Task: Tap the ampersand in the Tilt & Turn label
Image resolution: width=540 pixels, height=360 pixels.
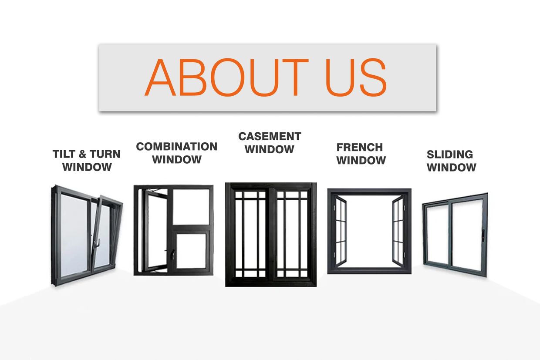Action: click(x=82, y=154)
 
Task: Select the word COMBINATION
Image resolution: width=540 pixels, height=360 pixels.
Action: click(x=177, y=147)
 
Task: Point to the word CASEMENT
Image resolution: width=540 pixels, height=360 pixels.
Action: click(x=270, y=136)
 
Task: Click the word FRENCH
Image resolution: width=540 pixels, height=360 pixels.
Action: click(x=360, y=147)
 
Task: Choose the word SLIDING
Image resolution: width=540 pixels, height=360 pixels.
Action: click(x=450, y=155)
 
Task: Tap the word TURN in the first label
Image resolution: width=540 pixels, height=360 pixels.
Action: click(x=105, y=154)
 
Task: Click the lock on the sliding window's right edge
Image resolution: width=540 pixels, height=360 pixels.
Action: click(x=483, y=235)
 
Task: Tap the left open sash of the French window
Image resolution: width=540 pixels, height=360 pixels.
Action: click(x=341, y=231)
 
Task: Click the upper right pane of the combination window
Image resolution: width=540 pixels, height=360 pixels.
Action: click(x=191, y=207)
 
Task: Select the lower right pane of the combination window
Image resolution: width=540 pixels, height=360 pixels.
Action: click(x=191, y=251)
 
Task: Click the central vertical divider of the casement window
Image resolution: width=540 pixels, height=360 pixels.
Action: click(x=271, y=234)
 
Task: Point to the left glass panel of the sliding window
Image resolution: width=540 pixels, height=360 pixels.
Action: click(x=438, y=236)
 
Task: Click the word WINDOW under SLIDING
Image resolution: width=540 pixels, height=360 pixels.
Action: click(x=452, y=168)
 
